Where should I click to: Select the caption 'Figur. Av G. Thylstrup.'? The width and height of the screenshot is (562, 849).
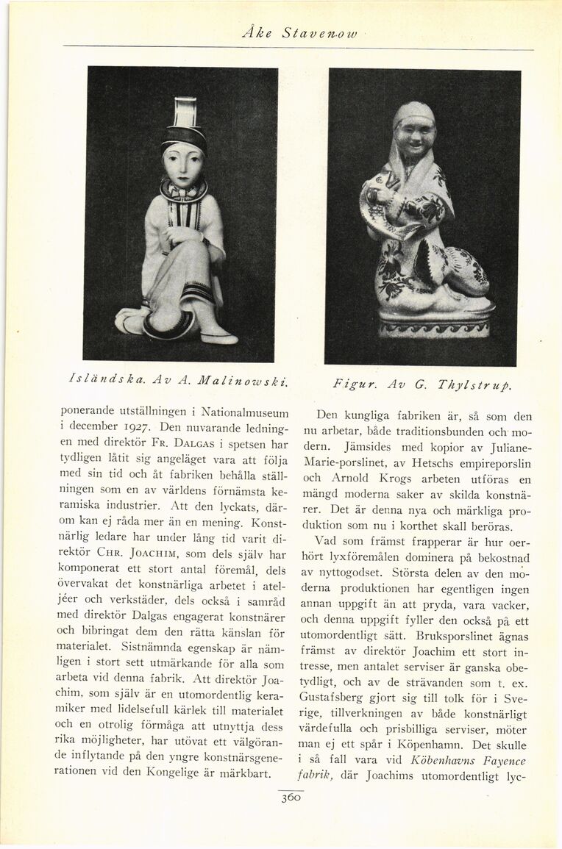[422, 384]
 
